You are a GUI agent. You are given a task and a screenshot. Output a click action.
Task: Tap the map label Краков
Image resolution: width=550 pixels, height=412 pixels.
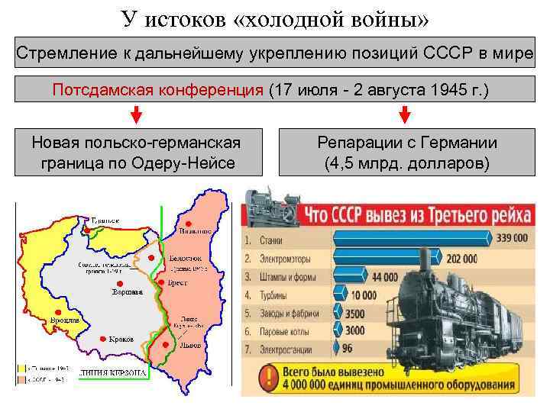(121, 339)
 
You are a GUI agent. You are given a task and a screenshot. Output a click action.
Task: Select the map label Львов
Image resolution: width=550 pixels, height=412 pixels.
(192, 345)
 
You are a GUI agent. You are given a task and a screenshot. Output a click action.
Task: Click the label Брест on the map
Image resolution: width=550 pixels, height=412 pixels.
(177, 283)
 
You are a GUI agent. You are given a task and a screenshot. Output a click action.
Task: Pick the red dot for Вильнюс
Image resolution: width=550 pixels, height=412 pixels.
(186, 224)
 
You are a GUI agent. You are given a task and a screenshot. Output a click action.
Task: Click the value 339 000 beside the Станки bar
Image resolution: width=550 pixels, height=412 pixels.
(510, 238)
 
